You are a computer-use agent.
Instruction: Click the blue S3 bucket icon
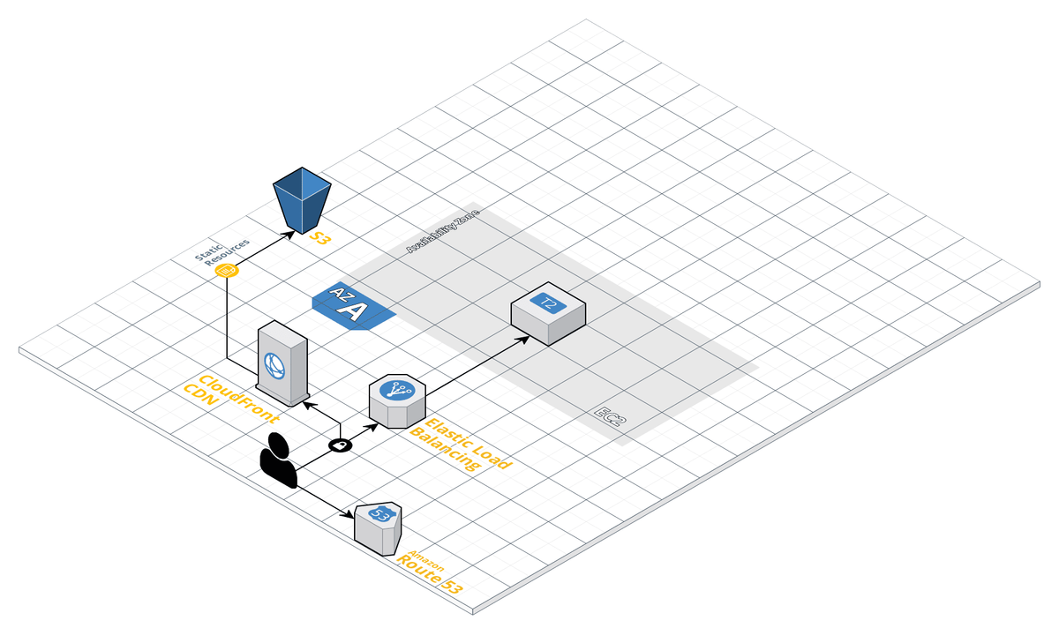pyautogui.click(x=302, y=200)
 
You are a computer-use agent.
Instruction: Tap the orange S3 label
pyautogui.click(x=320, y=237)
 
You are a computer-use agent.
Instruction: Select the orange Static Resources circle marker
pyautogui.click(x=227, y=270)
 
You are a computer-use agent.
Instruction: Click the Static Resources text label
pyautogui.click(x=222, y=252)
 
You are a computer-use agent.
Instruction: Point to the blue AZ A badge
pyautogui.click(x=354, y=306)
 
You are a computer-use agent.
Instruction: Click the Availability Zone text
pyautogui.click(x=443, y=230)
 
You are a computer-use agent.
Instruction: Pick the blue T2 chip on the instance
pyautogui.click(x=548, y=303)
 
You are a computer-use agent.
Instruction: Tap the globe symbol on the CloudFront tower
pyautogui.click(x=274, y=366)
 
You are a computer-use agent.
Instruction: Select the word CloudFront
pyautogui.click(x=239, y=400)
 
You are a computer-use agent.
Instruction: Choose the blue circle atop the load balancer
pyautogui.click(x=398, y=391)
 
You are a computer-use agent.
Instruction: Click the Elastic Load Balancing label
pyautogui.click(x=461, y=445)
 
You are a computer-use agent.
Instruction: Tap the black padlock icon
pyautogui.click(x=341, y=445)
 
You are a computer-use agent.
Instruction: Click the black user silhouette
pyautogui.click(x=279, y=460)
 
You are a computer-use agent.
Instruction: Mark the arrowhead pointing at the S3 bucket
pyautogui.click(x=289, y=235)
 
